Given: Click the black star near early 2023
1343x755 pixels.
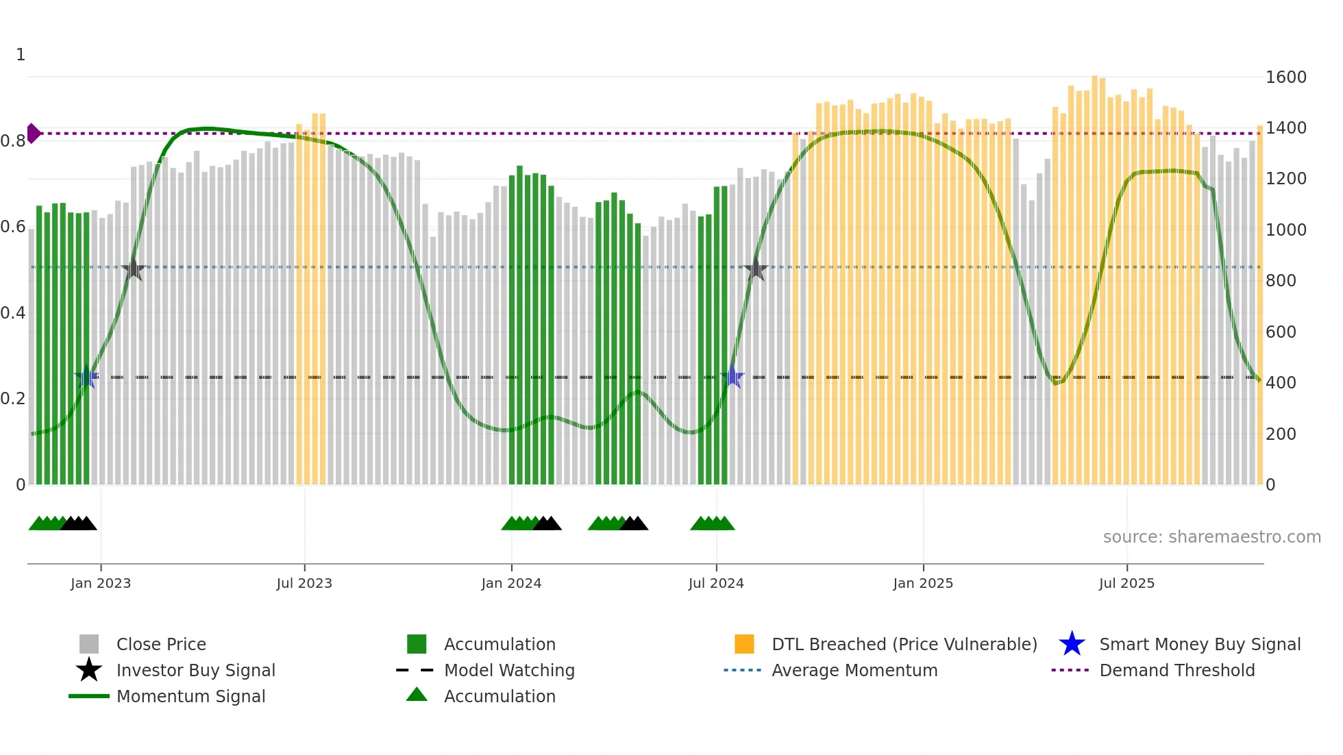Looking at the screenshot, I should click(134, 269).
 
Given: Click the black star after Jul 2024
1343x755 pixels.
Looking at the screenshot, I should click(756, 269).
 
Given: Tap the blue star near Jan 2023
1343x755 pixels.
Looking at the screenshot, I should click(86, 377).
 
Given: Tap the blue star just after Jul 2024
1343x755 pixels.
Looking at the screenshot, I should click(732, 377).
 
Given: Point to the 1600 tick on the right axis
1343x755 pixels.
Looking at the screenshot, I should click(1285, 77).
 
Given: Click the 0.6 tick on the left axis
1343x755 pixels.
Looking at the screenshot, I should click(13, 227).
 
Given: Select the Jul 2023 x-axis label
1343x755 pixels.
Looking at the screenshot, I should click(304, 583).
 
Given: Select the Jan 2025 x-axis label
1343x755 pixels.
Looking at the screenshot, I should click(923, 583).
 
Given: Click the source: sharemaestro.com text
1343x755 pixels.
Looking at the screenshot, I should click(1211, 537).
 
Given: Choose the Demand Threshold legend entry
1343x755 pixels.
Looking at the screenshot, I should click(1176, 670).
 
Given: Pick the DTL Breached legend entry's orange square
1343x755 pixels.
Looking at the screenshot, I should click(744, 644).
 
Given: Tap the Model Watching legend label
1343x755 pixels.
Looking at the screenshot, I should click(509, 670).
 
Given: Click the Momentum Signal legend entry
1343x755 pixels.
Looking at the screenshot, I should click(190, 696).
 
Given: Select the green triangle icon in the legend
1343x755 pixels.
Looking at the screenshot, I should click(417, 695).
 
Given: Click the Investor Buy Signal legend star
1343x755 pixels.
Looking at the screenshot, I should click(89, 670).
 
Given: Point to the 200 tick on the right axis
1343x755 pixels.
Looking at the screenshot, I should click(1281, 434).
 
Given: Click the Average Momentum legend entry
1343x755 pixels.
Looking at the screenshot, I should click(854, 670).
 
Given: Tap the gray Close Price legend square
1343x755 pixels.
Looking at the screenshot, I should click(89, 644).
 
